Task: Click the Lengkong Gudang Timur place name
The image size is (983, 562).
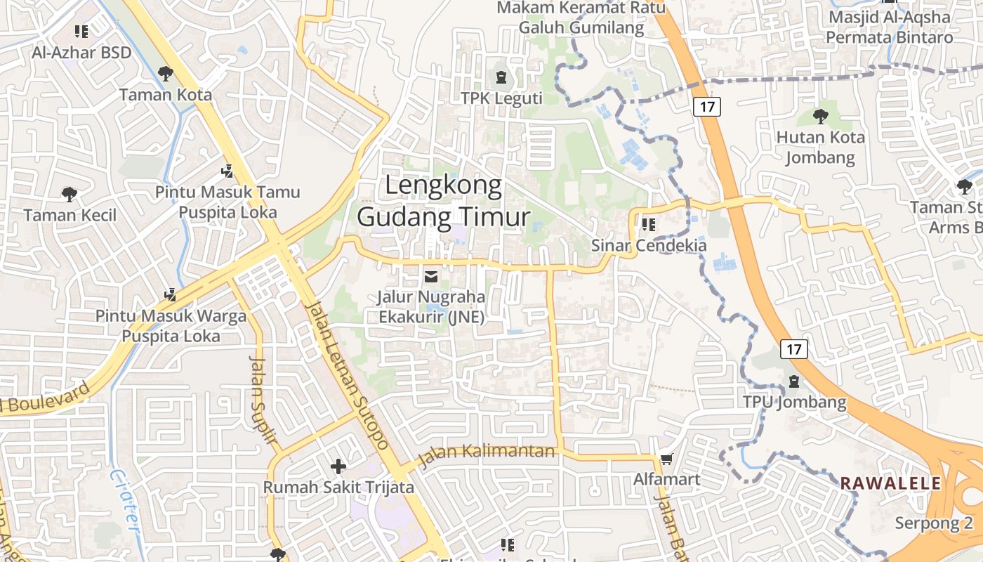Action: pos(443,202)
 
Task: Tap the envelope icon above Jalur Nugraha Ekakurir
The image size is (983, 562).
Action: pos(431,276)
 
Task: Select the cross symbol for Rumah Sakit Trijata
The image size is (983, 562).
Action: pos(338,466)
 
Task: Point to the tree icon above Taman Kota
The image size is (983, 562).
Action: pos(165,73)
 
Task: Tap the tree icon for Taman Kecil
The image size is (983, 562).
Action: pos(69,194)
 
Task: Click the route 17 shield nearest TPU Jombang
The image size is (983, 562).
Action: pos(793,348)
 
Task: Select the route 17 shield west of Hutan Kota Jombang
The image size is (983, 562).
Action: pos(707,107)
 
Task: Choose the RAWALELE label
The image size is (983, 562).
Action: pos(890,483)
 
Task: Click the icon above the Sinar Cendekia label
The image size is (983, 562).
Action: pos(648,225)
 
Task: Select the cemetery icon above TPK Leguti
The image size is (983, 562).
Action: pos(501,77)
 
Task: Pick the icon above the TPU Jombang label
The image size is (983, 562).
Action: pos(794,381)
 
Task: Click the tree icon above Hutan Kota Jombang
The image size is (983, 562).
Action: pos(820,116)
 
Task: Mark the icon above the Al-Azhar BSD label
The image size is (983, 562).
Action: pos(81,32)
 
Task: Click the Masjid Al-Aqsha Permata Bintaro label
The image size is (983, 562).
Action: pos(890,27)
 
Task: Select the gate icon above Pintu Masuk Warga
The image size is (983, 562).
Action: pos(170,295)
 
